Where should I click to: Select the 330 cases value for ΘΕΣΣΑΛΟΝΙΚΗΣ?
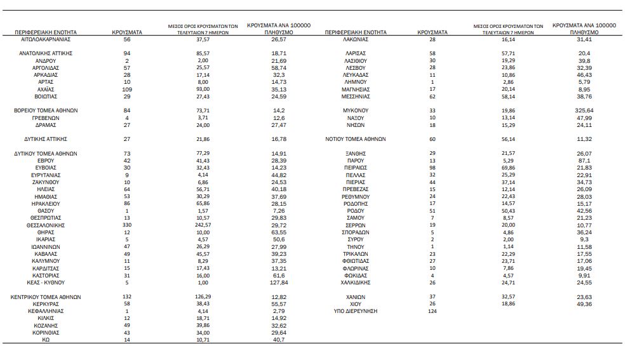(x=127, y=225)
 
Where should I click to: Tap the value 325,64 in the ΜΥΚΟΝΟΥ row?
(x=584, y=110)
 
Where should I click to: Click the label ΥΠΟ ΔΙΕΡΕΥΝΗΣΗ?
(x=356, y=311)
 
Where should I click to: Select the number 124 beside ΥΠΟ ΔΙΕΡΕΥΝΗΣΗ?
(x=433, y=311)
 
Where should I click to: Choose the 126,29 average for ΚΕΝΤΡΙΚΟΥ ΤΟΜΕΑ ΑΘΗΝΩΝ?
(x=203, y=297)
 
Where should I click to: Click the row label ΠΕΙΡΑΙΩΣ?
(x=356, y=168)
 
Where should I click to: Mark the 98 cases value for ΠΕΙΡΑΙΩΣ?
(x=433, y=168)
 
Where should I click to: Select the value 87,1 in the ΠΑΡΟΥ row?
(x=584, y=161)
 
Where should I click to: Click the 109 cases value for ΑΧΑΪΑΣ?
(x=127, y=90)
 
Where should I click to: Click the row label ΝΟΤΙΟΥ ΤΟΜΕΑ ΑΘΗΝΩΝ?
(x=356, y=139)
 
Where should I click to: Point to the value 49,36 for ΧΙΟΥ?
(x=584, y=304)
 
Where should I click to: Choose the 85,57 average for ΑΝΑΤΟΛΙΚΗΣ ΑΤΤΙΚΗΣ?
(x=203, y=53)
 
